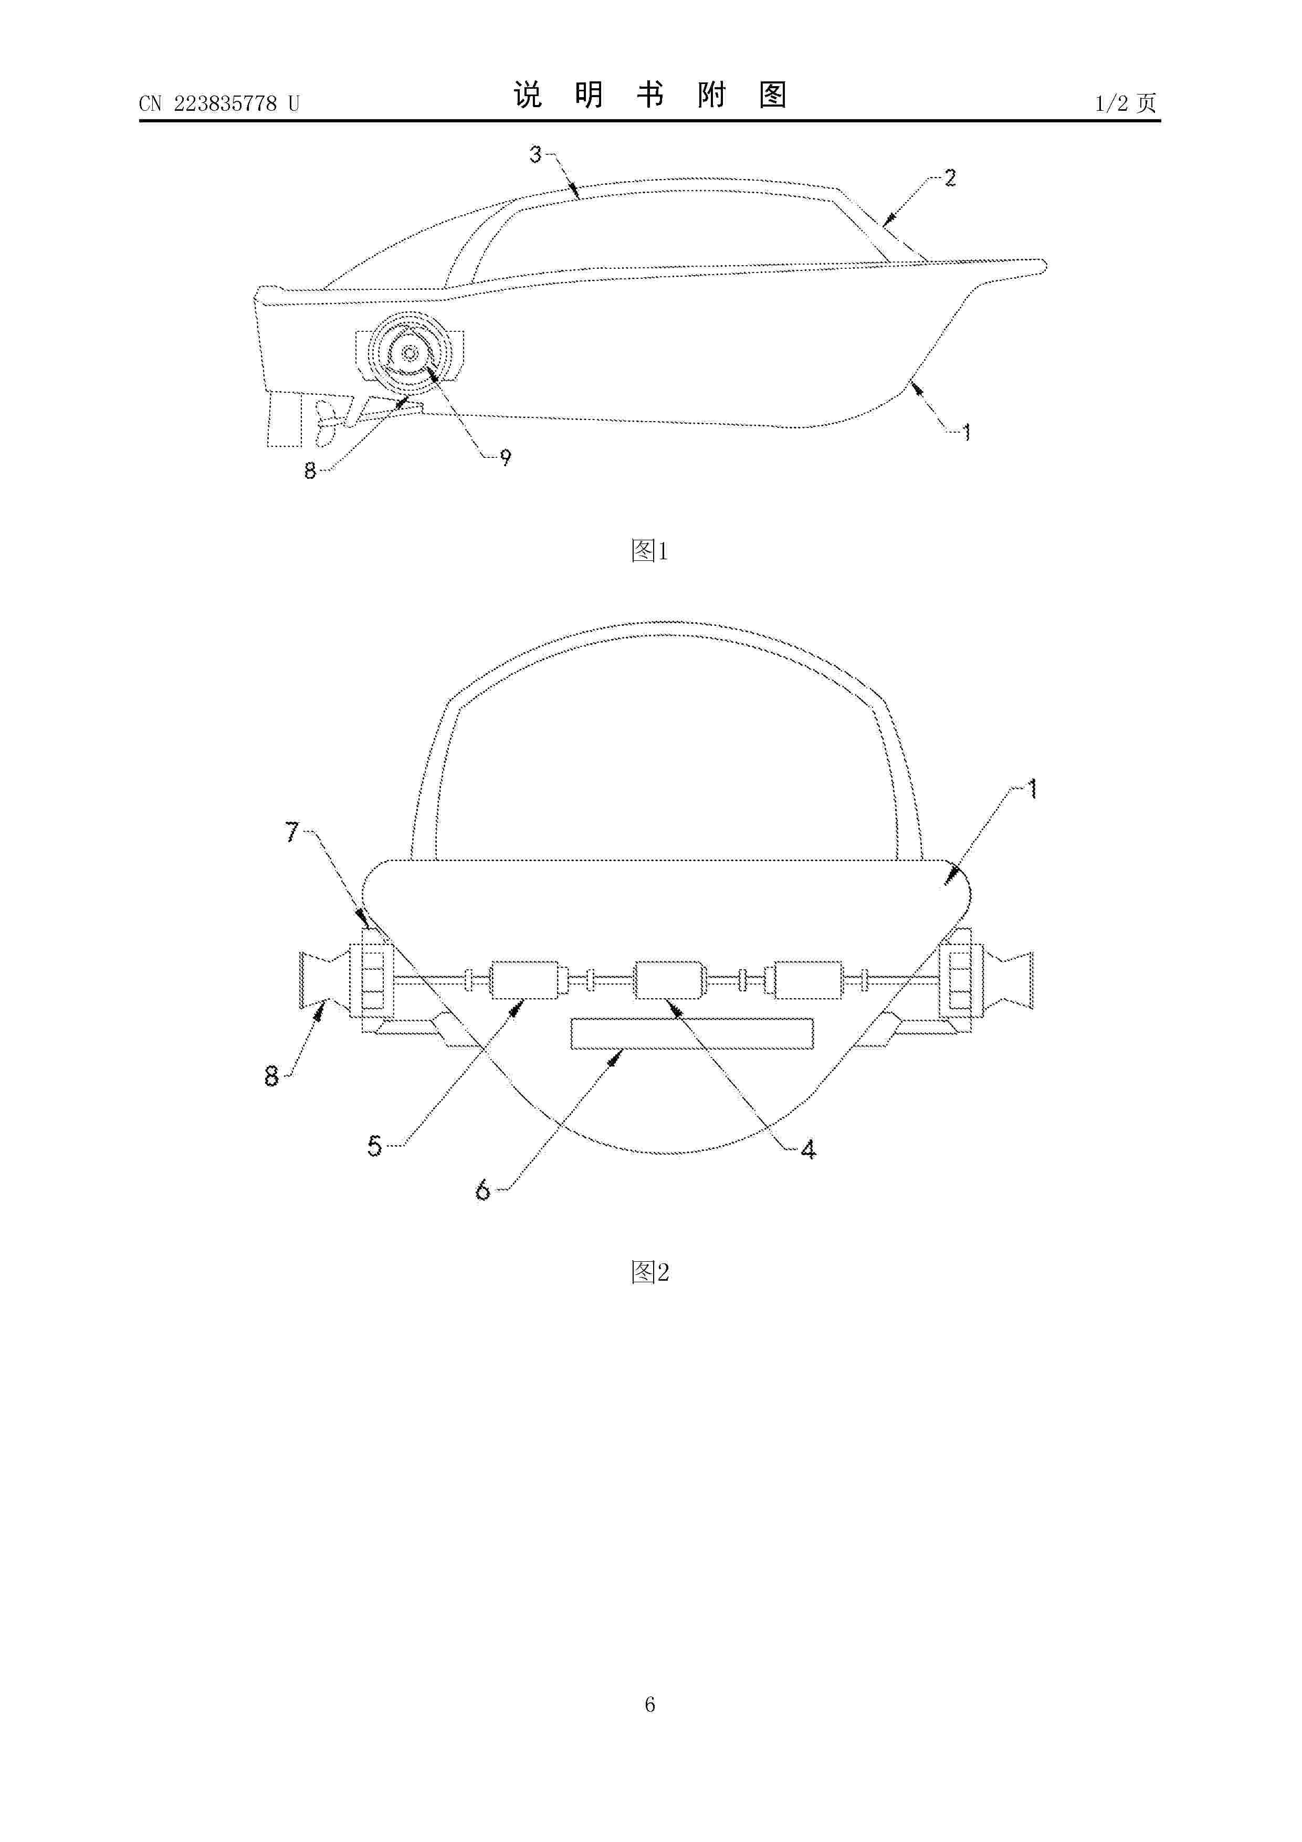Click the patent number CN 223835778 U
(219, 103)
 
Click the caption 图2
(650, 1272)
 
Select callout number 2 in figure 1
(950, 177)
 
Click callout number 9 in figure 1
(506, 457)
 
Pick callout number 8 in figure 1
(310, 471)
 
